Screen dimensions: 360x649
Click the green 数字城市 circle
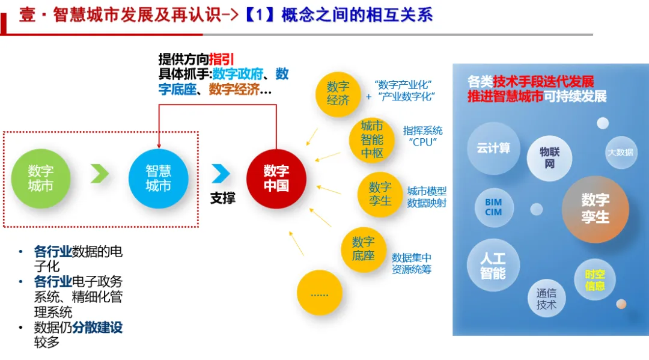pos(41,178)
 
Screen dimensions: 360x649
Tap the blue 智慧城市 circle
pos(159,178)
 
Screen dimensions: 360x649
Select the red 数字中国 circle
pos(276,178)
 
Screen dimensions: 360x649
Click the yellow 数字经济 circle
pos(338,93)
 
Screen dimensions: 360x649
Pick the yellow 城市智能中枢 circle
pos(372,139)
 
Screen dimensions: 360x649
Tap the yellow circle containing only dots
pos(319,293)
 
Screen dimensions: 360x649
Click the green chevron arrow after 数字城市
pos(100,174)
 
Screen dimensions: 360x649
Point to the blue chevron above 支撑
pos(221,174)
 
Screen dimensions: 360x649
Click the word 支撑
pos(222,198)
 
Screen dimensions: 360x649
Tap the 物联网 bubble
pos(549,157)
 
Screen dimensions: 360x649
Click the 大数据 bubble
pos(620,152)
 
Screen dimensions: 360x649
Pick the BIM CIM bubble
pos(493,207)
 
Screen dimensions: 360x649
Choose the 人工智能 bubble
pos(493,266)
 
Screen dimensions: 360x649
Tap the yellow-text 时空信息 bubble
pos(595,280)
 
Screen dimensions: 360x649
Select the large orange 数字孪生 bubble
pos(595,209)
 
